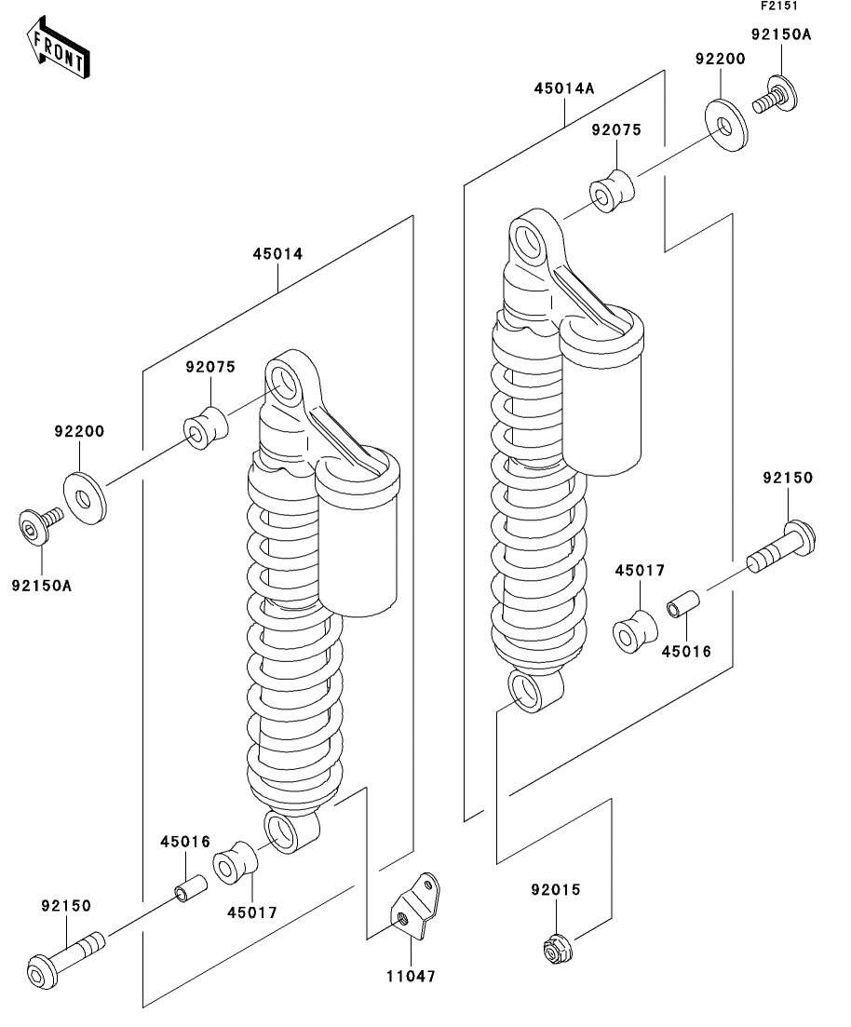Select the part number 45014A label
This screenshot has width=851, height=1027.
point(563,89)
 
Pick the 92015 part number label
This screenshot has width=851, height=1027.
point(556,890)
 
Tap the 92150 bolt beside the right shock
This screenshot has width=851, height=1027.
point(783,550)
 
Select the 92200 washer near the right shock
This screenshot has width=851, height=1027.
point(723,127)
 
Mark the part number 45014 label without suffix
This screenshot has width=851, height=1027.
point(277,253)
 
